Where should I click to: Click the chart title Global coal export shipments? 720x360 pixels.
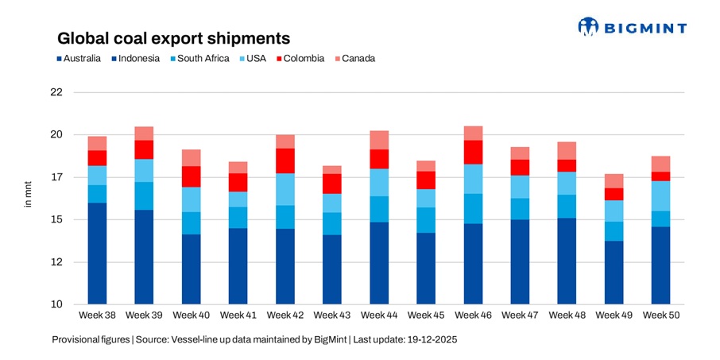tap(172, 37)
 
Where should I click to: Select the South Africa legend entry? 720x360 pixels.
tap(199, 59)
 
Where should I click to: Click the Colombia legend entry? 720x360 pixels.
tap(298, 59)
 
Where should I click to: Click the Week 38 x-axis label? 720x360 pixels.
tap(97, 315)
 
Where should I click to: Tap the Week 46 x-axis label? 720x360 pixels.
tap(473, 315)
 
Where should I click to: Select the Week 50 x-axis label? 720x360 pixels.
tap(660, 315)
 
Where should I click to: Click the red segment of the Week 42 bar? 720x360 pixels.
tap(285, 161)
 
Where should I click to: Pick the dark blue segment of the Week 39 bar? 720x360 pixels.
tap(144, 257)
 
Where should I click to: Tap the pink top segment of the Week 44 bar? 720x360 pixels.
tap(379, 140)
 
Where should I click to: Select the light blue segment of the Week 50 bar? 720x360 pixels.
tap(660, 195)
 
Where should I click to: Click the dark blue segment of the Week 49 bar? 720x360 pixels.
tap(614, 273)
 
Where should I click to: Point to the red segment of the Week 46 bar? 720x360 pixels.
tap(473, 152)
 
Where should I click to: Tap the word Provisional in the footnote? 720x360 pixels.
tap(75, 339)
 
